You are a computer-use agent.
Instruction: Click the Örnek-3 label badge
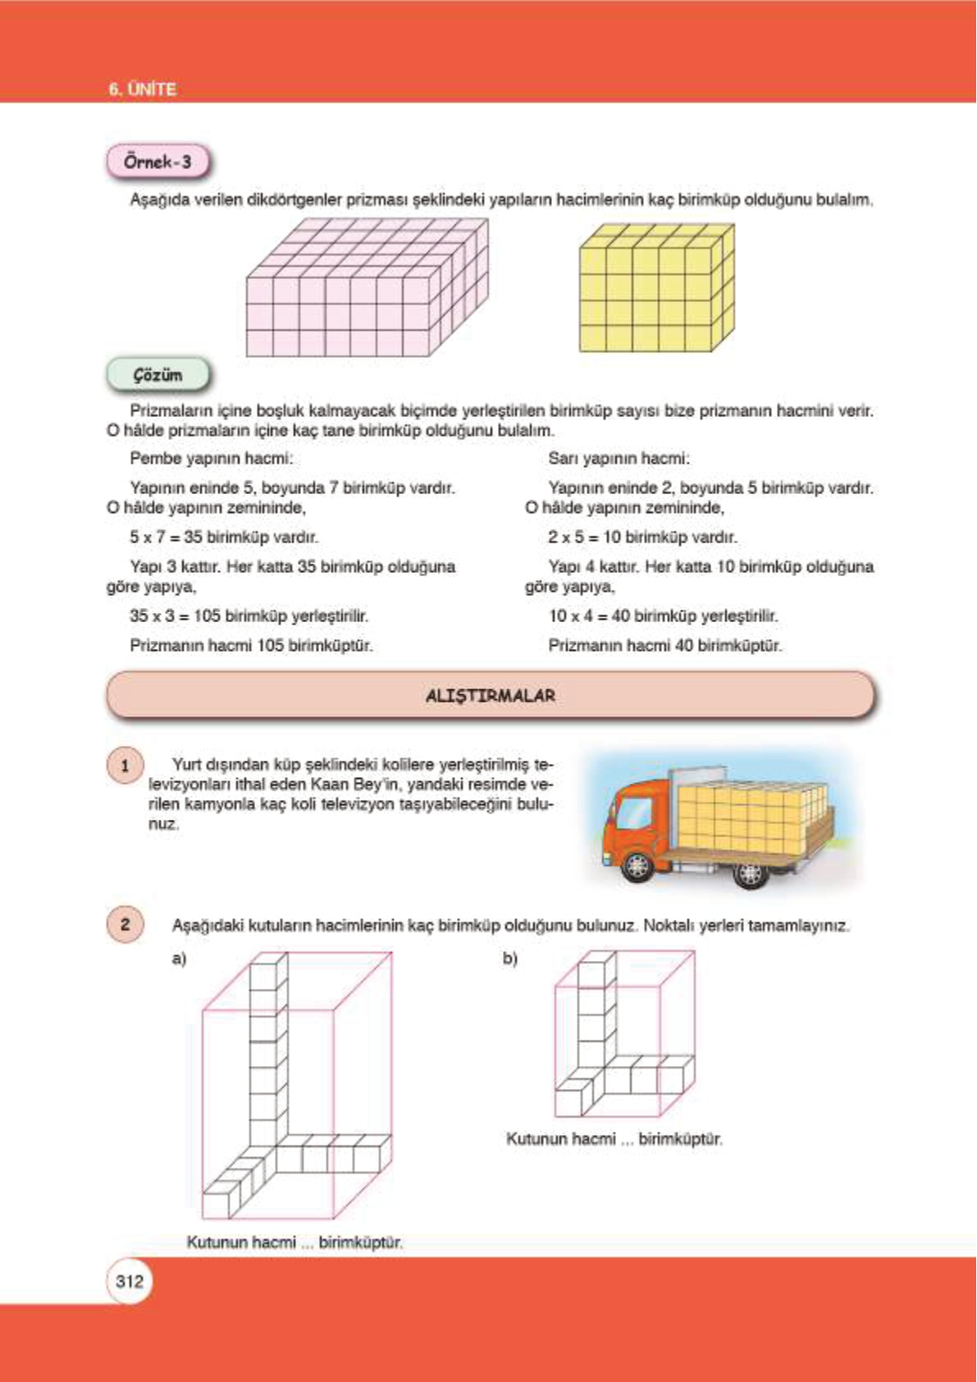click(158, 162)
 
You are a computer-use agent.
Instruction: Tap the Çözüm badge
click(158, 376)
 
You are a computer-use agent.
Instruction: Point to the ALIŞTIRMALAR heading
click(491, 696)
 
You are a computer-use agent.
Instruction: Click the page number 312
click(130, 1281)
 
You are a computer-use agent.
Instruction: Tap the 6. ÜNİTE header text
click(142, 89)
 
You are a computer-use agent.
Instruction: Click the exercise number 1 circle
click(125, 766)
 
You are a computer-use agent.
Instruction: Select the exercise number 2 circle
click(125, 924)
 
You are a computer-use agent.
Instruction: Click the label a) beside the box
click(179, 958)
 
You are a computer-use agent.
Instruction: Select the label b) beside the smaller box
click(509, 958)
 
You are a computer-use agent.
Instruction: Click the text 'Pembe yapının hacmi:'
click(211, 458)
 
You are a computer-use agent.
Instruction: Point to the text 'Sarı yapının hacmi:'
click(619, 458)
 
